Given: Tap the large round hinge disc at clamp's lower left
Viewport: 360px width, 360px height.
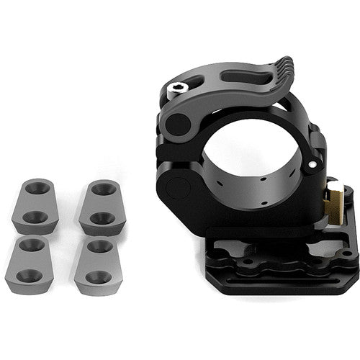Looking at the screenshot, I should coord(178,189).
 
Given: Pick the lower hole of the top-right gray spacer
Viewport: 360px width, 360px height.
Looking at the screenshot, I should coord(102,217).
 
